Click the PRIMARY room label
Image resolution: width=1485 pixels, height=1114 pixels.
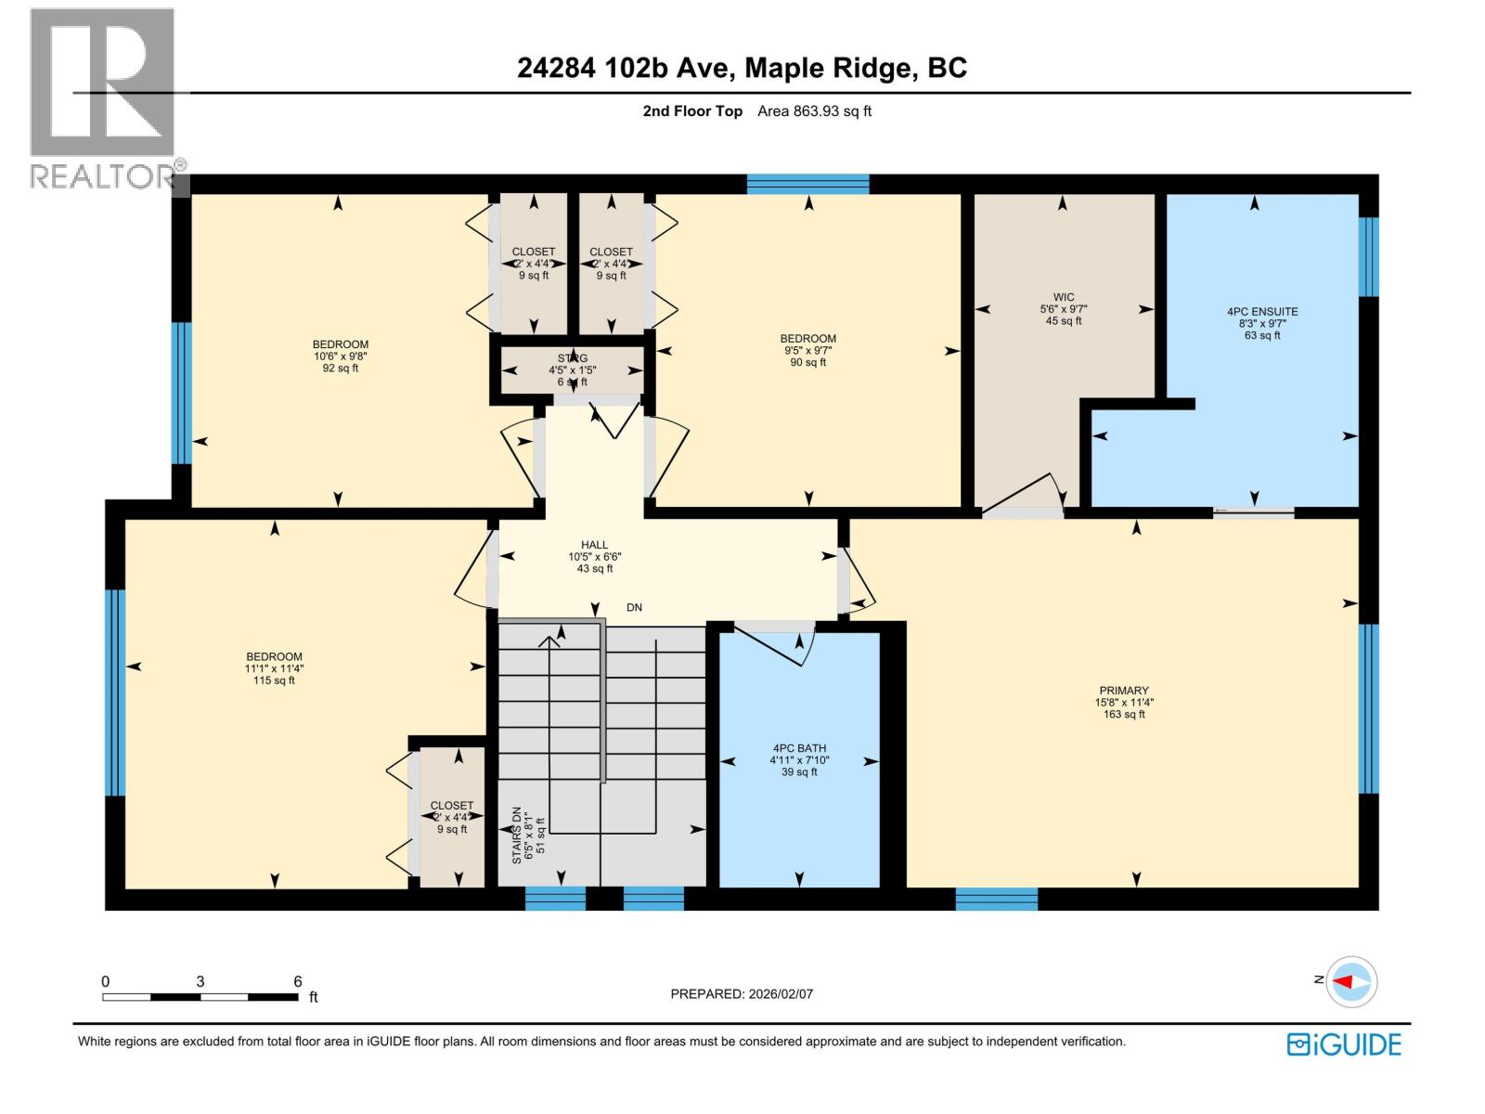pos(1124,691)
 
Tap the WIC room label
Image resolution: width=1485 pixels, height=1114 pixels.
pos(1064,298)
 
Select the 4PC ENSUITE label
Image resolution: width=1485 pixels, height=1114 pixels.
pos(1262,312)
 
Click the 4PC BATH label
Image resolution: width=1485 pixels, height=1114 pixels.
pos(799,748)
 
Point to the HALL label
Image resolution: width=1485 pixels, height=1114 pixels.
pos(594,546)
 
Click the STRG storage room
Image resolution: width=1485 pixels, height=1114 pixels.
pos(572,369)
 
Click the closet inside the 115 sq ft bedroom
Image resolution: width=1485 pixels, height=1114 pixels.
pos(452,817)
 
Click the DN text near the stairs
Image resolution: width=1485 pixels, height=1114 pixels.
pos(634,608)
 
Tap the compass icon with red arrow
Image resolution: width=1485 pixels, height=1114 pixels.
pos(1352,981)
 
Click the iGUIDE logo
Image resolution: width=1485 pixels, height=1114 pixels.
pos(1344,1044)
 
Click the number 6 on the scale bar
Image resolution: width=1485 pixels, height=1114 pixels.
pos(298,981)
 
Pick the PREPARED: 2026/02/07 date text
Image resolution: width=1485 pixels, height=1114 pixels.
pos(742,993)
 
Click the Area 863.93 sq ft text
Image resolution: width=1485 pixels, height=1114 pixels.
pos(814,111)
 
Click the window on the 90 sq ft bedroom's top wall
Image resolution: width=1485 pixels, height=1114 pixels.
pos(807,184)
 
